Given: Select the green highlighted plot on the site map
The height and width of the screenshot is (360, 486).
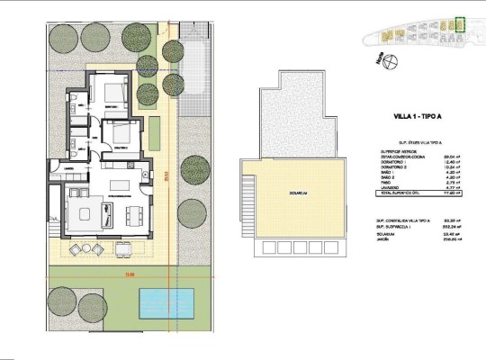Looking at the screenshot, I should tap(460, 25).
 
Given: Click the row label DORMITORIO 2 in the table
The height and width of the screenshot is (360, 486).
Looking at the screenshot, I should tap(395, 166).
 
